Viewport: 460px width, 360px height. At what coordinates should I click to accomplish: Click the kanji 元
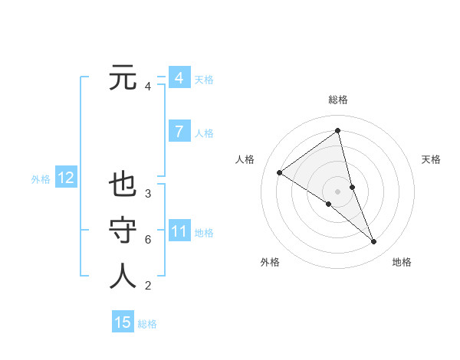point(123,77)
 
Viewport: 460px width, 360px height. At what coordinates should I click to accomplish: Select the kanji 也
point(123,186)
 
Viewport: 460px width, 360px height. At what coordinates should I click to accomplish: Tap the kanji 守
point(123,231)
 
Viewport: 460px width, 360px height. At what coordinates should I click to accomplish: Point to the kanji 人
point(123,276)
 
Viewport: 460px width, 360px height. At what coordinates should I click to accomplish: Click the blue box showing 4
point(179,78)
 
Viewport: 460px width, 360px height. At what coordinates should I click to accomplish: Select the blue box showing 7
point(179,132)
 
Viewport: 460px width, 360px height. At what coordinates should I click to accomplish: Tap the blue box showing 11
point(179,231)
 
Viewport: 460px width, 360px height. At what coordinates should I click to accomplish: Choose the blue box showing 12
point(65,178)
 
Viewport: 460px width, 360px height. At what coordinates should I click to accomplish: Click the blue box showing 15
point(123,322)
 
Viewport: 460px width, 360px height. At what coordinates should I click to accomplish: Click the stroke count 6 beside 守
point(148,240)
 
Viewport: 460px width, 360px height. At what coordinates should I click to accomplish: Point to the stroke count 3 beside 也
point(148,194)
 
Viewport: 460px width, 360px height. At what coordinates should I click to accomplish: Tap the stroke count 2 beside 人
point(148,286)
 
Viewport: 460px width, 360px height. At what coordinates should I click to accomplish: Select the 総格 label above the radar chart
point(337,100)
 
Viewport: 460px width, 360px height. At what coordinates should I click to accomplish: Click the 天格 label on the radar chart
point(432,159)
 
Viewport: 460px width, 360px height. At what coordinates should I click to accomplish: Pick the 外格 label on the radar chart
point(270,262)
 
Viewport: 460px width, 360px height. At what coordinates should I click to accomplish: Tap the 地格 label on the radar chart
point(402,262)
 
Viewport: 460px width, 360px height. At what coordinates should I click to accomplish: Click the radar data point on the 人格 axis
point(279,172)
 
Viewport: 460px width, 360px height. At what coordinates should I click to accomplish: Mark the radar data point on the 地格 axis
point(374,242)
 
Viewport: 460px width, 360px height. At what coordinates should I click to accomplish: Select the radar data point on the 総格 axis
point(337,130)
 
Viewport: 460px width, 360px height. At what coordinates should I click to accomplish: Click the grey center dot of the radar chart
point(337,191)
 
